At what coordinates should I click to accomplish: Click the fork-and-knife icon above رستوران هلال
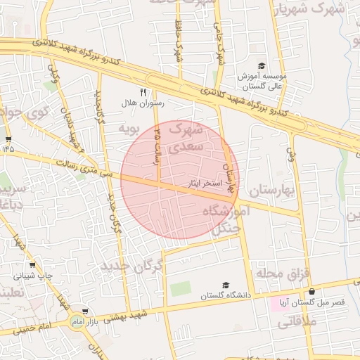point(143,92)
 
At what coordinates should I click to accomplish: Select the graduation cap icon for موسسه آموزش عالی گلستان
point(262,65)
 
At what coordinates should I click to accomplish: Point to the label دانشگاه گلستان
point(226,295)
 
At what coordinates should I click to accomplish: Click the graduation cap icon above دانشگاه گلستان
point(226,285)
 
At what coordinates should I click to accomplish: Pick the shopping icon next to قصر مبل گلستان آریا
point(311,291)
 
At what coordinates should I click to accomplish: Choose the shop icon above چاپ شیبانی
point(32,266)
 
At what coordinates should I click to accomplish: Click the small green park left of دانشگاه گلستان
point(180,288)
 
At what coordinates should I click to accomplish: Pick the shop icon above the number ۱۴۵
point(8,139)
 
